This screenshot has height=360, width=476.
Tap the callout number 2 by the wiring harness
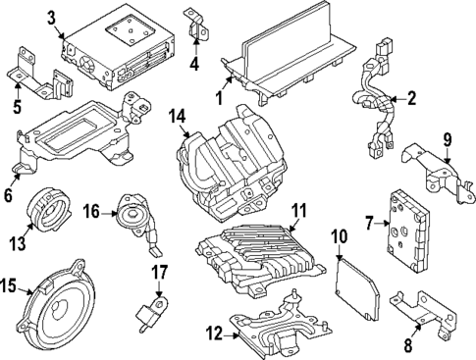pyautogui.click(x=411, y=98)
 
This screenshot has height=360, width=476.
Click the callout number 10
pyautogui.click(x=340, y=235)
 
